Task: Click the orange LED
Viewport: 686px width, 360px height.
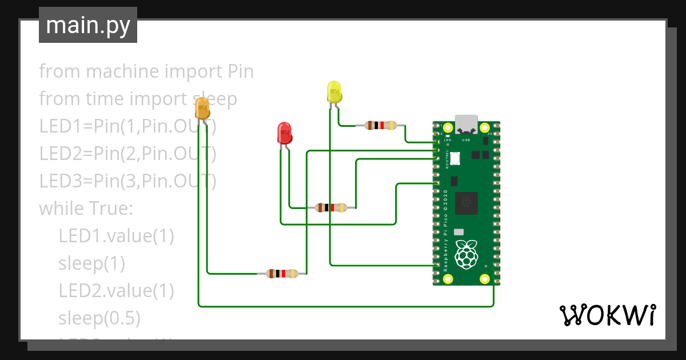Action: coord(202,109)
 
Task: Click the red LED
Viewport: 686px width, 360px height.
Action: coord(284,133)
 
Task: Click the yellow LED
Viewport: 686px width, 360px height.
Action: coord(334,93)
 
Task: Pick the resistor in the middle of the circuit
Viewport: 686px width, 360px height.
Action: coord(331,207)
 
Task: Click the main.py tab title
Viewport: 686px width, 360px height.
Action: coord(88,25)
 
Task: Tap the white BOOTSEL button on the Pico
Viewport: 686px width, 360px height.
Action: coord(455,159)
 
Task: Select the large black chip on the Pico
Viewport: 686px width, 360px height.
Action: coord(467,203)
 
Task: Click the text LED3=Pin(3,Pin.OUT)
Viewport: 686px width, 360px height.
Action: coord(127,181)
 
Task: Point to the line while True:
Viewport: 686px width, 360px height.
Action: coord(86,209)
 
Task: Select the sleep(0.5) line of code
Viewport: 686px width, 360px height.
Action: coord(99,318)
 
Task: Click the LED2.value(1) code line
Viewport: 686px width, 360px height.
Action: coord(116,290)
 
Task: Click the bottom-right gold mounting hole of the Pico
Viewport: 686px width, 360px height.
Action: coord(485,279)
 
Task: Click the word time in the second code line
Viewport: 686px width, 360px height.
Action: coord(104,99)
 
